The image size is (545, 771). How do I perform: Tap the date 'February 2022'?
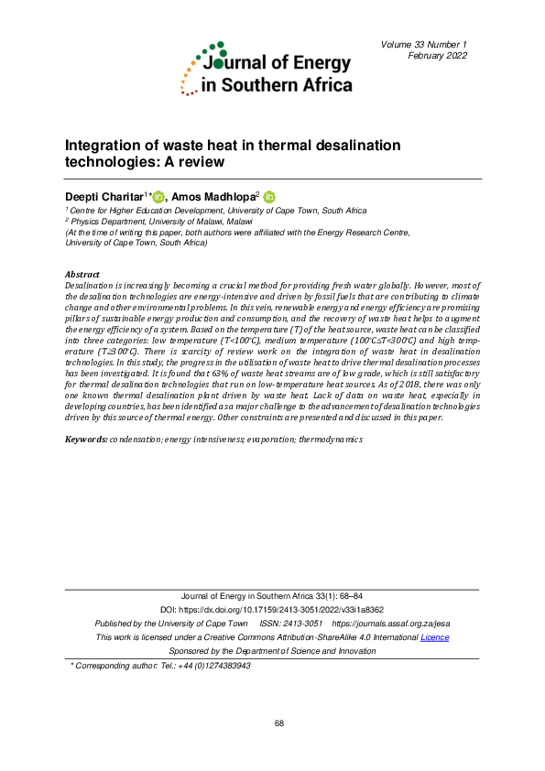point(438,56)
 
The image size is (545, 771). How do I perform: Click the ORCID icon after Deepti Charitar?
point(158,197)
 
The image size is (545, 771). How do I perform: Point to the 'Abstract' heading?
point(83,274)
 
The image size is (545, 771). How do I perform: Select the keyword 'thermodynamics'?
point(331,440)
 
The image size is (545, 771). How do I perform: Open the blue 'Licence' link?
point(434,636)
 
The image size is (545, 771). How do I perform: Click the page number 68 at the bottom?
point(278,723)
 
